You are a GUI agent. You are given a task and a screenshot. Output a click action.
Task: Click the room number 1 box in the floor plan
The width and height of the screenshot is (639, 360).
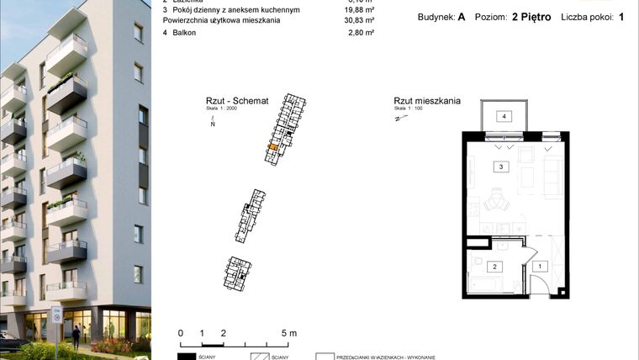tap(540, 266)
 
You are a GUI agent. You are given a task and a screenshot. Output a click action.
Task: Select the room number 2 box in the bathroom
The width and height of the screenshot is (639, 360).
tap(495, 267)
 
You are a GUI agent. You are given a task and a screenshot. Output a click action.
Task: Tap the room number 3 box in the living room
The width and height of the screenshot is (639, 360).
tap(501, 167)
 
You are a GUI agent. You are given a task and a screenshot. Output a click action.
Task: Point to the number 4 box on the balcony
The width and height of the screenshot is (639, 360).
tap(504, 116)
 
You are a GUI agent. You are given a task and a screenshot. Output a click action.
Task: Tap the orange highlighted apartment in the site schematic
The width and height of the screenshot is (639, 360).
tap(272, 147)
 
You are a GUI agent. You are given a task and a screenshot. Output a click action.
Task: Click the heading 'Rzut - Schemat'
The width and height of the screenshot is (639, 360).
tap(236, 99)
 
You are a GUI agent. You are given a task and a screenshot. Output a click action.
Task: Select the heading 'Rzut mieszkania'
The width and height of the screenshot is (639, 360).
tap(427, 101)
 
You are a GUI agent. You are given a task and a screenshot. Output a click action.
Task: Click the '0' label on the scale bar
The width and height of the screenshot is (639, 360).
tap(181, 333)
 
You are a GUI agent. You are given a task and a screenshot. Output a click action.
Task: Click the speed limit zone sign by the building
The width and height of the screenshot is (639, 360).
tap(57, 315)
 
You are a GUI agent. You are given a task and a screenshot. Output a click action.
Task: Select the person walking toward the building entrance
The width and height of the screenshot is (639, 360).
tap(77, 335)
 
